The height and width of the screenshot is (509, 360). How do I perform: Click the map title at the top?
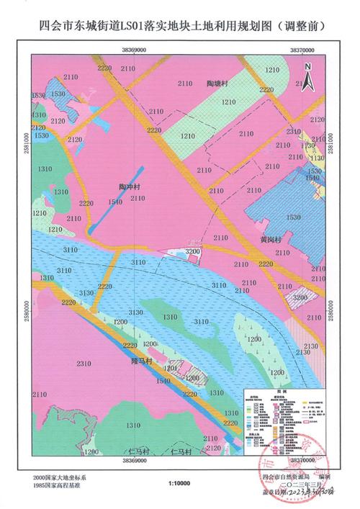point(180,26)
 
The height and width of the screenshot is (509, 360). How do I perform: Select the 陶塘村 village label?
point(216,84)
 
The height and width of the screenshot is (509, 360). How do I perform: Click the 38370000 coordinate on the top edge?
point(304,51)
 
